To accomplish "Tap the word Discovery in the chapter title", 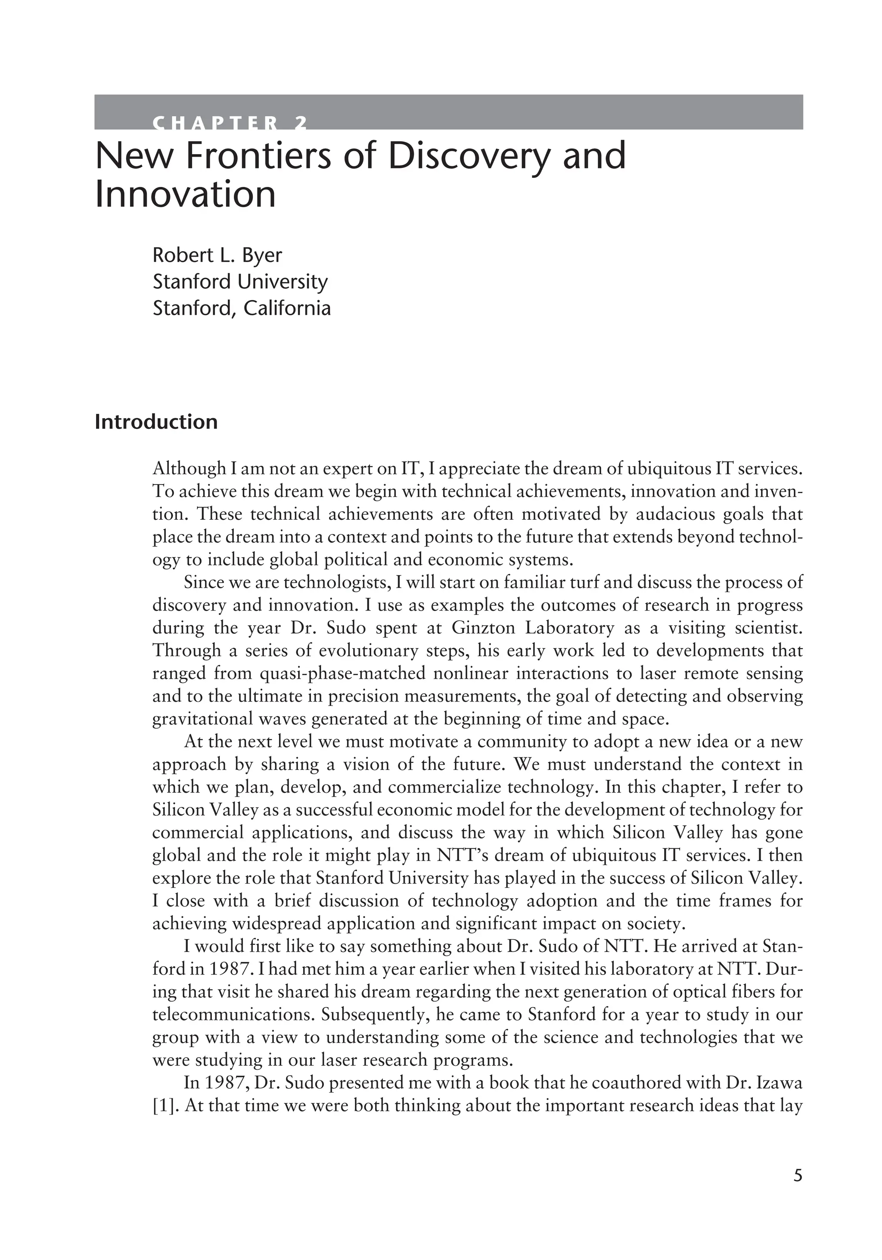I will coord(468,156).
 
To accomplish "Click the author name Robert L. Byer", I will coord(217,255).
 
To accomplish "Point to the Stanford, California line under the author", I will coord(242,308).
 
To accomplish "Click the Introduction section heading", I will coord(156,422).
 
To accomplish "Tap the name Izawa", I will coord(780,1083).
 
